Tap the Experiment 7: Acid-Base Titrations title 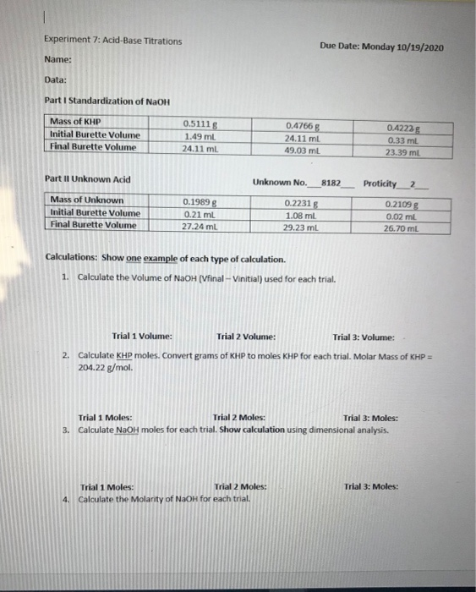[112, 41]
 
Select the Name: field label [57, 60]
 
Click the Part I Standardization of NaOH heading [107, 101]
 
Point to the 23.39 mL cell [404, 152]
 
